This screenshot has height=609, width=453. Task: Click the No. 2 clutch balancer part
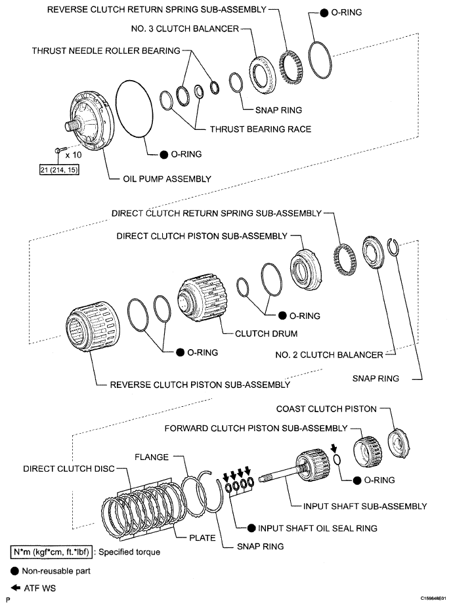[373, 252]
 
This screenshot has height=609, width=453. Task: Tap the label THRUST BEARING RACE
[260, 129]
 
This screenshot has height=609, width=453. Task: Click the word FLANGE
[152, 456]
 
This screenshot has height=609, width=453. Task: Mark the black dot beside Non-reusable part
[14, 571]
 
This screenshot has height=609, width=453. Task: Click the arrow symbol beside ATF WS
[14, 588]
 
